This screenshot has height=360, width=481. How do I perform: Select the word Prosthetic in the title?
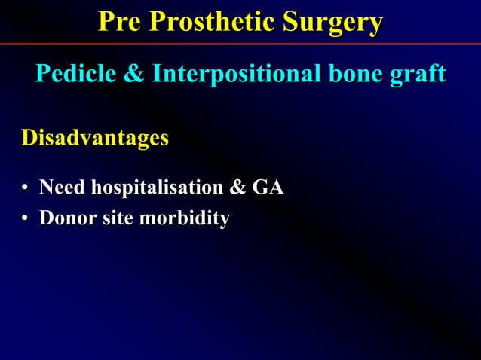pos(213,22)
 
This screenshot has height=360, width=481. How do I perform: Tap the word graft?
pos(417,74)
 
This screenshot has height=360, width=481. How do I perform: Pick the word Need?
pos(63,187)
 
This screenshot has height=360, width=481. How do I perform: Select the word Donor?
pos(67,218)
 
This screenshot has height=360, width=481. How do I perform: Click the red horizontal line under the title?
pos(240,44)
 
